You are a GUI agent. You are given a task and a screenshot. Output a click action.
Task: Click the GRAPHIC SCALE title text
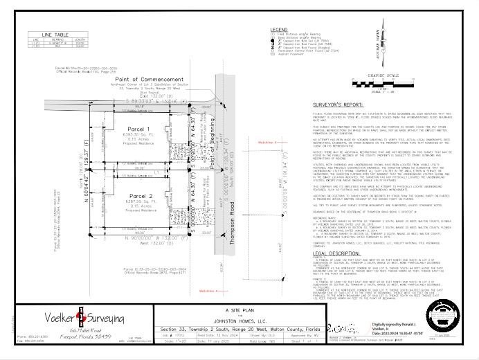tap(385, 75)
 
